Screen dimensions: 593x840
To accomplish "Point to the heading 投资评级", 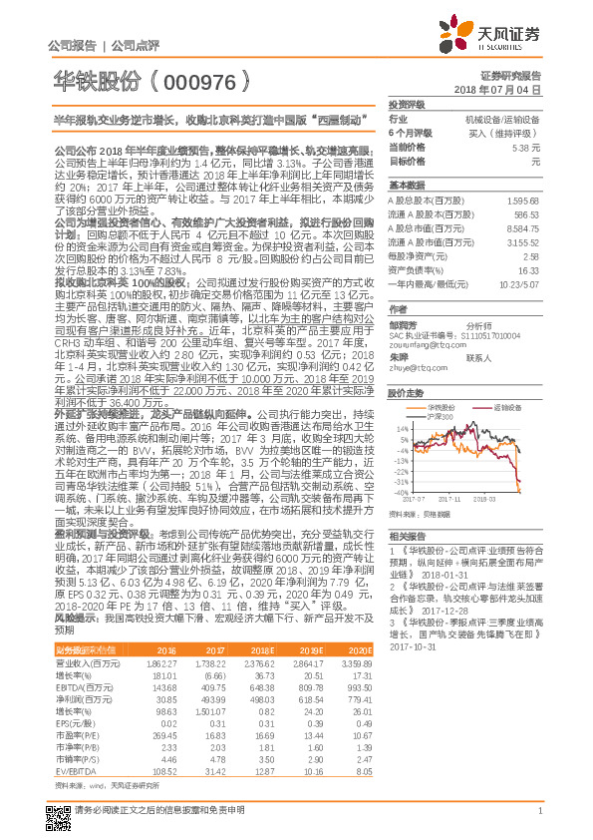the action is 406,103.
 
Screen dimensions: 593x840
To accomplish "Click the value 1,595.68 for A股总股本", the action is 524,200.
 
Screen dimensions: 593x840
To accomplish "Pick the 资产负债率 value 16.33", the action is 529,269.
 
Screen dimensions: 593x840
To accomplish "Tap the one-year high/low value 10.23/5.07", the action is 520,283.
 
